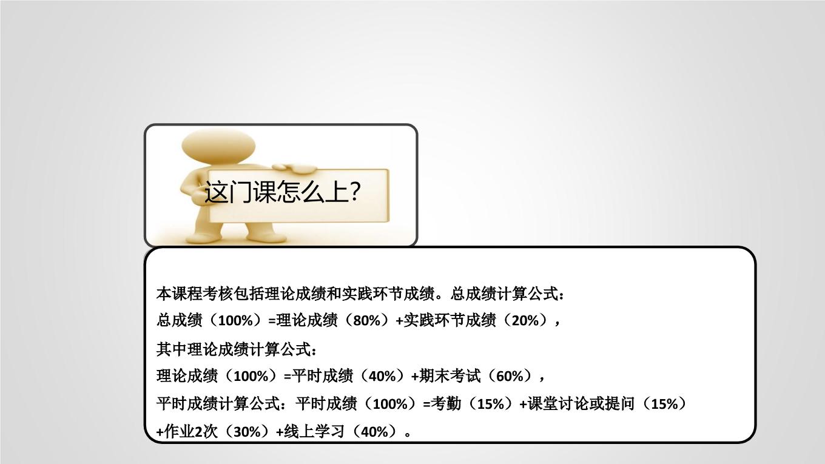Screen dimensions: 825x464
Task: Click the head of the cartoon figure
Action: point(218,146)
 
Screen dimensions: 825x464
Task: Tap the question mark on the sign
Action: point(354,190)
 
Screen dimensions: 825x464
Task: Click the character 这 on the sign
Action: point(216,192)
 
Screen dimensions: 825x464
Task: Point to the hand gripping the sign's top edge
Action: point(295,168)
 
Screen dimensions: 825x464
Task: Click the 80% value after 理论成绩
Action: point(366,321)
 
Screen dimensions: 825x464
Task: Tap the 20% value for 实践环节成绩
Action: point(525,321)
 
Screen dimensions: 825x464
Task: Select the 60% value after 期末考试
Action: point(510,376)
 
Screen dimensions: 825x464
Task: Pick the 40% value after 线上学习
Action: point(374,432)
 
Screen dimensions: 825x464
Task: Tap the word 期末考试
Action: point(450,376)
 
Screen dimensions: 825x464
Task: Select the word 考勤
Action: point(446,403)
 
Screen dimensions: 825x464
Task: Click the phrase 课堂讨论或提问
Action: point(581,403)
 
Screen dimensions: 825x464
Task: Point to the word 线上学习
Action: point(314,431)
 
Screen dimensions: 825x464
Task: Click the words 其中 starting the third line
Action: point(172,349)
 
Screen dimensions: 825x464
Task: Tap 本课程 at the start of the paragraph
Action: point(180,294)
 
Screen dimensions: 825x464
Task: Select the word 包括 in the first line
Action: point(249,294)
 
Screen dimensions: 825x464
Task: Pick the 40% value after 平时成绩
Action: point(382,376)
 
